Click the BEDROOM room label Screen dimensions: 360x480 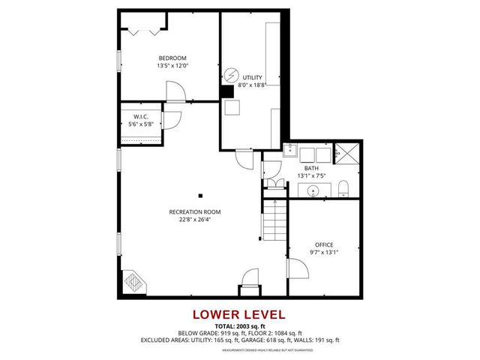pos(172,58)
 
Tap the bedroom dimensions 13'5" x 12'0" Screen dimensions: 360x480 pos(172,66)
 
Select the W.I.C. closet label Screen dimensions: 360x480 pos(142,116)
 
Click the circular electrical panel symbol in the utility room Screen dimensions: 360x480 pos(232,75)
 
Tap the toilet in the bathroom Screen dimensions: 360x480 pos(343,187)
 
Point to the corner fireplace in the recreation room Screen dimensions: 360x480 pos(133,283)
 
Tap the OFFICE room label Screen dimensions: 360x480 pos(324,244)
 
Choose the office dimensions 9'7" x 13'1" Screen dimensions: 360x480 pos(324,253)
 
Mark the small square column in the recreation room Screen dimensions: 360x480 pos(200,196)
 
